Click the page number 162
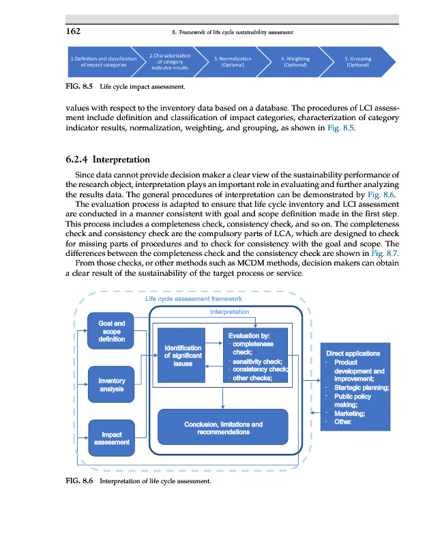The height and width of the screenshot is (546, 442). click(74, 31)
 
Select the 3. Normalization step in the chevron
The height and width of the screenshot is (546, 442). click(233, 62)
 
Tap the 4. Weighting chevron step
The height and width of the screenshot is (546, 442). click(295, 62)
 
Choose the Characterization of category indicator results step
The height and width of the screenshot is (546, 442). click(169, 62)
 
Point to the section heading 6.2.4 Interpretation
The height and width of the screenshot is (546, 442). click(108, 160)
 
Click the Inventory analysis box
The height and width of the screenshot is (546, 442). click(111, 385)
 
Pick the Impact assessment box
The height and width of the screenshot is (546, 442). click(111, 437)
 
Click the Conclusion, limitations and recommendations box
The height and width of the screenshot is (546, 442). click(223, 428)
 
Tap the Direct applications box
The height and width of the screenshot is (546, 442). click(358, 386)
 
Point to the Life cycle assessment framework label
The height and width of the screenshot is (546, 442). click(194, 298)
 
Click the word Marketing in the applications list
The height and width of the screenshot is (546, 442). click(349, 413)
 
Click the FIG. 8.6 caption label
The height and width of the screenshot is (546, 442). click(78, 481)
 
